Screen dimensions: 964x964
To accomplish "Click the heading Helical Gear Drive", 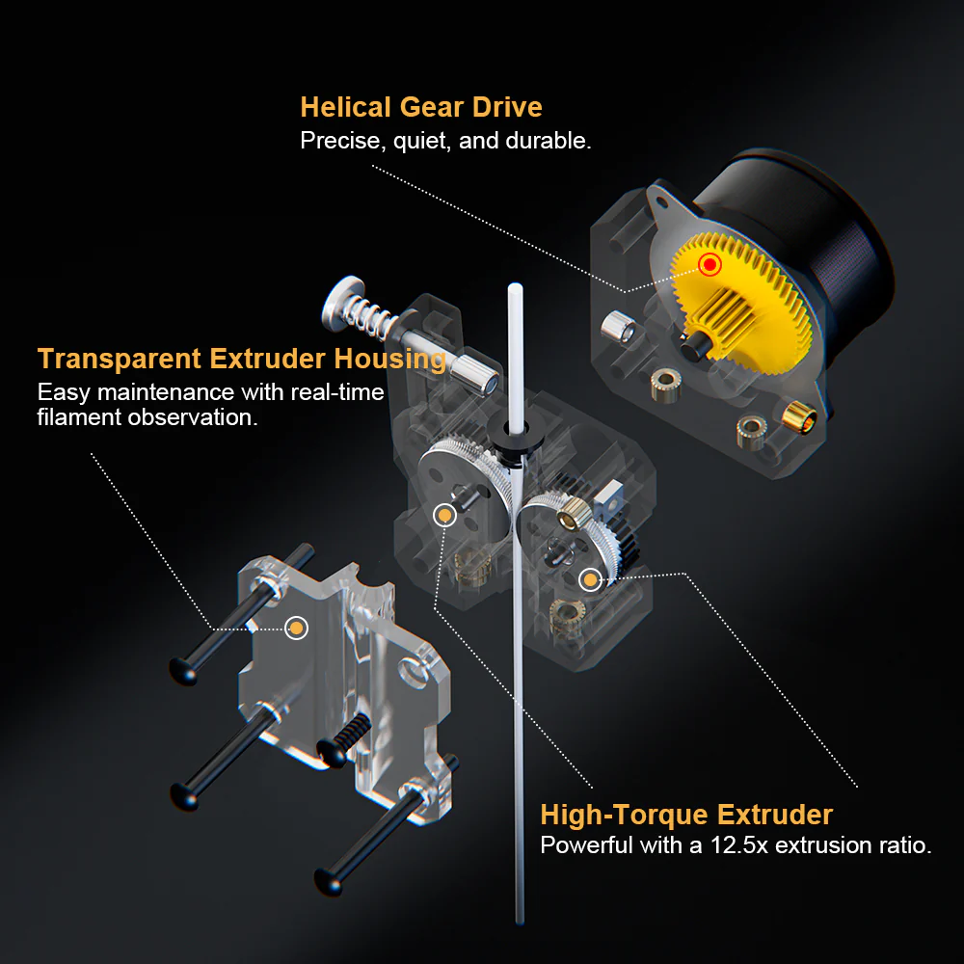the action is tap(421, 107).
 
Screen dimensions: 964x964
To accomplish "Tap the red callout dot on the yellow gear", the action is tap(710, 265).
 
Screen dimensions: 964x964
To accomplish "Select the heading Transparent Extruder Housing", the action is tap(242, 359).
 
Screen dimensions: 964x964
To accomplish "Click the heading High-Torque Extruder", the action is tap(686, 815).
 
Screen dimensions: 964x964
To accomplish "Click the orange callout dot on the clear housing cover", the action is tap(296, 628).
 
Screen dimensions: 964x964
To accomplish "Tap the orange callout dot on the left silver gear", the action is tap(443, 515).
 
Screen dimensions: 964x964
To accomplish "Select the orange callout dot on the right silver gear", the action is tap(590, 579).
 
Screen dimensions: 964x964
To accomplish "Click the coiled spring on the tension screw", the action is tap(370, 312).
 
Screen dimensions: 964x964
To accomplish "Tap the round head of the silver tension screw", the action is tap(342, 300).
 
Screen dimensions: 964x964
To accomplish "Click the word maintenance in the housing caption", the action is tap(166, 391).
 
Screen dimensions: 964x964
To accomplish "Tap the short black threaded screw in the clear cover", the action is tap(343, 740).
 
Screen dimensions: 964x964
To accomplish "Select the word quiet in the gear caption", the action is tap(421, 142).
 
